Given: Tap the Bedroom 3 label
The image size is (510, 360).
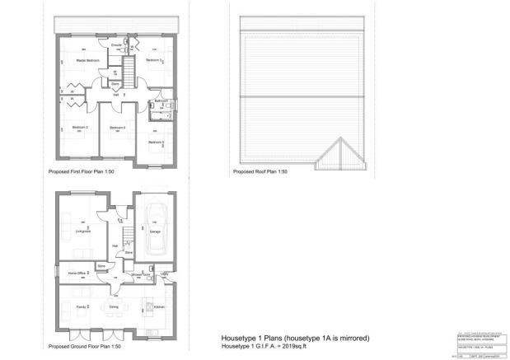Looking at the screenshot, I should (x=154, y=61).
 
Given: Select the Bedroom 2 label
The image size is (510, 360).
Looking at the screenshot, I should (x=80, y=128).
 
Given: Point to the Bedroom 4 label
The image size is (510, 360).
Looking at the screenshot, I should (x=117, y=128).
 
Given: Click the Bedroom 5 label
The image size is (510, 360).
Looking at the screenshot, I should (x=157, y=143).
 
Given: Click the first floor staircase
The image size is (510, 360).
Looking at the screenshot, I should (x=129, y=66).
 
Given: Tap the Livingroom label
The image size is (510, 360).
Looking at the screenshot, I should (x=82, y=231).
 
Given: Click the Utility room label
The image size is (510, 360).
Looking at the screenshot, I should (x=164, y=274).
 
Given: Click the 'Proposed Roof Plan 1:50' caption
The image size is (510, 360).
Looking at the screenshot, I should (x=260, y=172).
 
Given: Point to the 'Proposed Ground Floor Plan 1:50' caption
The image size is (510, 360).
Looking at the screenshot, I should (x=87, y=347).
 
